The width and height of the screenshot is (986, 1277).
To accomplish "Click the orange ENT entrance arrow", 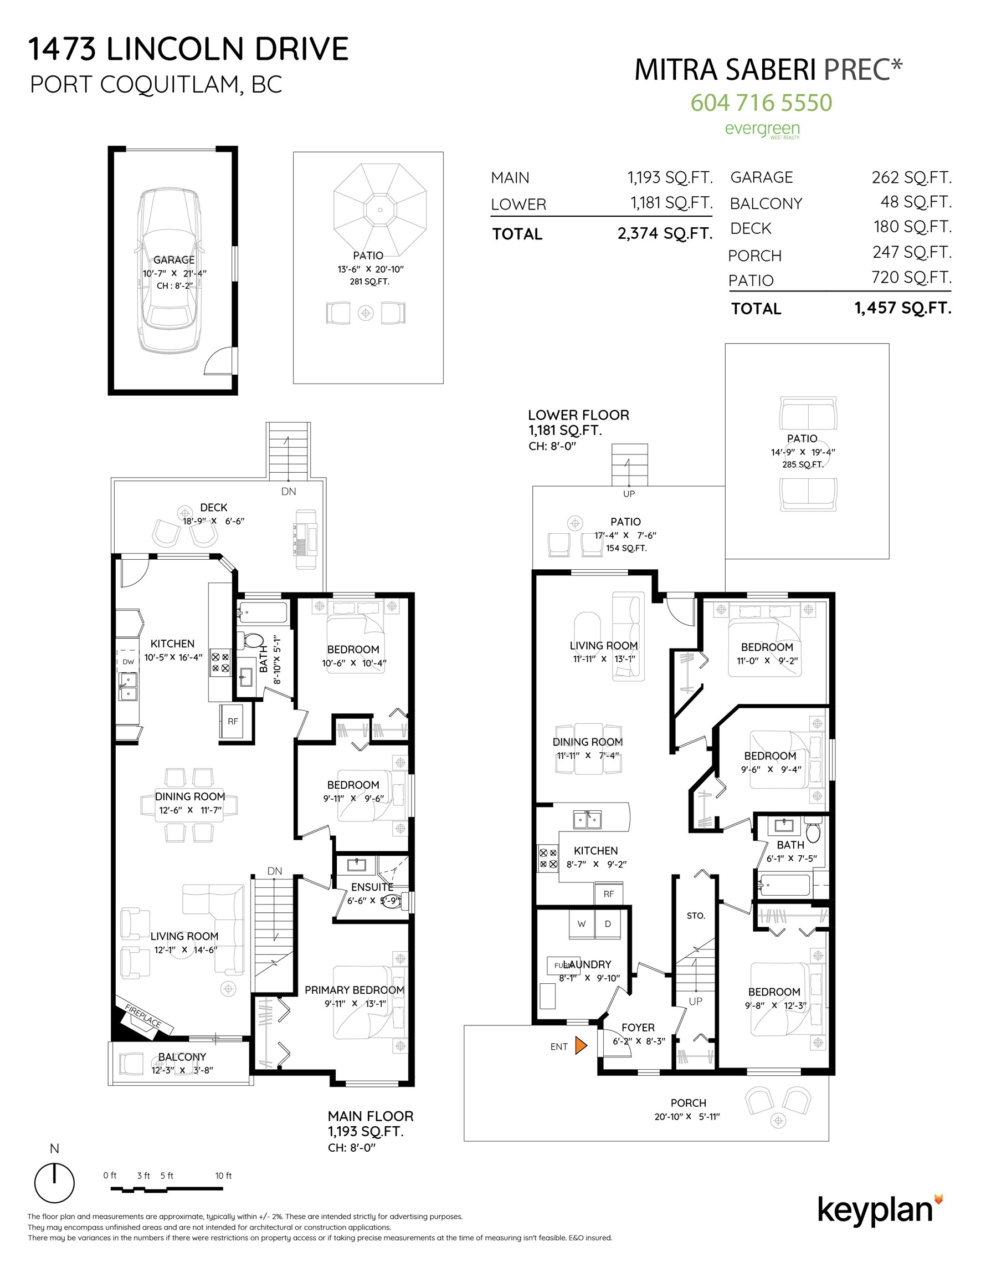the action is click(581, 1045).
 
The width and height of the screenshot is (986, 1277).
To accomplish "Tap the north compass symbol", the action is click(54, 1182).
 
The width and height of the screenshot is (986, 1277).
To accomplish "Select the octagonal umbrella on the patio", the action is click(380, 210).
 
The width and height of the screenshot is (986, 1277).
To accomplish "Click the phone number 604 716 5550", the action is click(761, 103).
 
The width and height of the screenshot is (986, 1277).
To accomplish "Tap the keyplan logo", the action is click(880, 1209).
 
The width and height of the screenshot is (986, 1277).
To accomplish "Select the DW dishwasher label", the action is click(128, 661).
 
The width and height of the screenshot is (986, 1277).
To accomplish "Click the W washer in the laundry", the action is click(582, 924).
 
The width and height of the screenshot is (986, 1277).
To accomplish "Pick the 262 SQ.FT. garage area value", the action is click(911, 177).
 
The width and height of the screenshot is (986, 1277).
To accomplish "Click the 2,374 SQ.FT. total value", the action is click(665, 233).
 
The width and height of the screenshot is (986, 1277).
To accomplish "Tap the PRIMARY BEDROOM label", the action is click(354, 990).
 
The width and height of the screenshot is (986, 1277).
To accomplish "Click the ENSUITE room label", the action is click(372, 887).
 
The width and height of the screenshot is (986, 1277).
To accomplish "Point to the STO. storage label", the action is click(696, 916).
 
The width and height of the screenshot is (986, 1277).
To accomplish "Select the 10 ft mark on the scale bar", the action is click(223, 1175).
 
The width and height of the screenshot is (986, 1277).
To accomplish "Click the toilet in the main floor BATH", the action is click(252, 641).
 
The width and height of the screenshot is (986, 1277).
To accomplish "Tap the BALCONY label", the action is click(182, 1056).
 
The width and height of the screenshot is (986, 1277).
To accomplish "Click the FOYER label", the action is click(638, 1028).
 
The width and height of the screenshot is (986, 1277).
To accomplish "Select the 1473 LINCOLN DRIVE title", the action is click(188, 49).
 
